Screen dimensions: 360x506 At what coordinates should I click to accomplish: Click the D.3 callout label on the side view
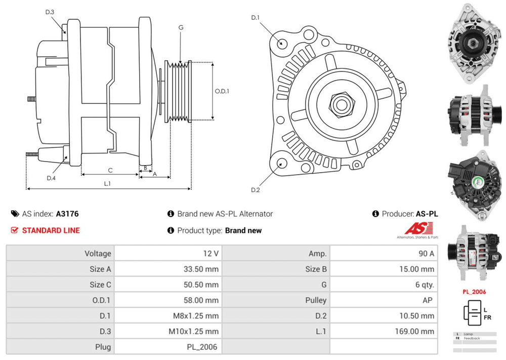pos(50,12)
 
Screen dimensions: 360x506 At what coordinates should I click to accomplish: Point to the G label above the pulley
pos(181,27)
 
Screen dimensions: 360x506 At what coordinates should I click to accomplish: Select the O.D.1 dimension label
pos(222,92)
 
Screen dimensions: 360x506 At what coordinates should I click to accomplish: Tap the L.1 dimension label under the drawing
pos(107,183)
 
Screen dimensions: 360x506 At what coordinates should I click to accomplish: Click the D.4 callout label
pos(51,178)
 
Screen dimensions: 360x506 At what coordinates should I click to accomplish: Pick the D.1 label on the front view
pos(255,18)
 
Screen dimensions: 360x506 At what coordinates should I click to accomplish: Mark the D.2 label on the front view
pos(255,190)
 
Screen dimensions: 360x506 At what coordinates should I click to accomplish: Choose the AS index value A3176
pos(67,214)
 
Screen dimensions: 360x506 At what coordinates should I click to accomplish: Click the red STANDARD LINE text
pos(51,230)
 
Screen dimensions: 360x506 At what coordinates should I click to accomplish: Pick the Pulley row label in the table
pos(316,300)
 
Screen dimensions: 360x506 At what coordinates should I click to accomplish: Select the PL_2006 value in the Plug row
pos(203,347)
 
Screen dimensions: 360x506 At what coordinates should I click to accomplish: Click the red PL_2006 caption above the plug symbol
pos(474,292)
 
